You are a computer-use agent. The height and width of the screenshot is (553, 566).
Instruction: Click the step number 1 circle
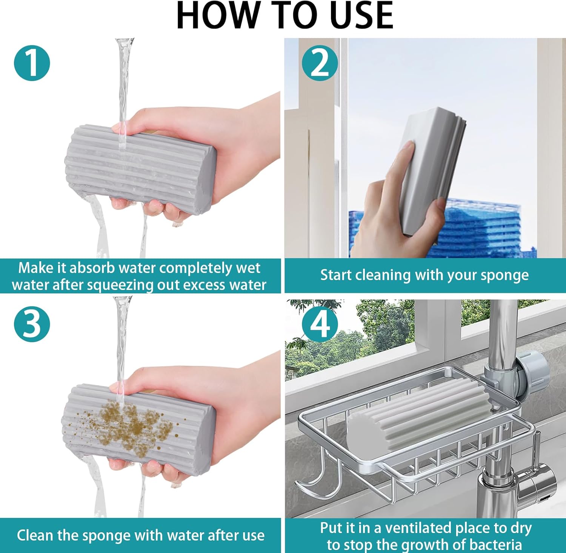pos(32,63)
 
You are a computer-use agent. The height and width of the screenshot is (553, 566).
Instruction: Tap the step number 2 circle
pos(320,63)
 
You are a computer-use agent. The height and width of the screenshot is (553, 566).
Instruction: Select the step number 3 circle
pos(32,324)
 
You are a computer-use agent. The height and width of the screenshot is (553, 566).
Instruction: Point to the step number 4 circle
pos(320,324)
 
